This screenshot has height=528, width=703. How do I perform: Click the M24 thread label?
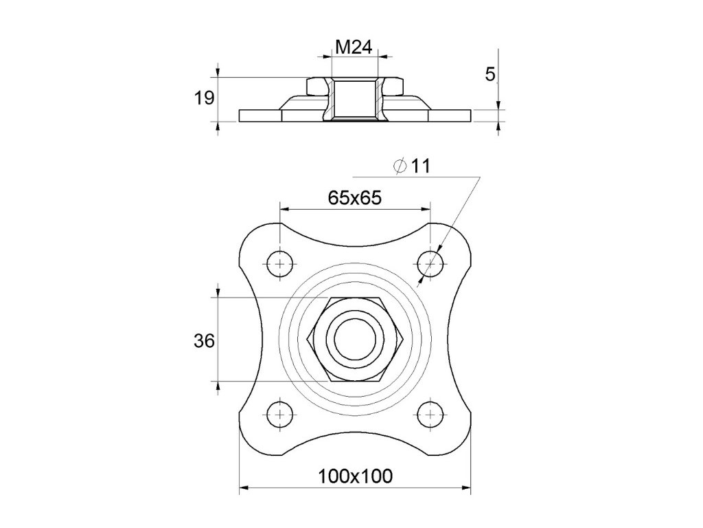tap(354, 47)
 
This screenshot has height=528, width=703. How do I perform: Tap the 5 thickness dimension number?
tap(490, 74)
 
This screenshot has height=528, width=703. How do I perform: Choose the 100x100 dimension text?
tap(354, 475)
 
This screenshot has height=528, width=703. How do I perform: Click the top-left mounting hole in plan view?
tap(279, 263)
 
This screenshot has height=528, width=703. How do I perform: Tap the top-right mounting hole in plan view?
tap(430, 263)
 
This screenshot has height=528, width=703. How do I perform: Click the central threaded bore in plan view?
tap(354, 338)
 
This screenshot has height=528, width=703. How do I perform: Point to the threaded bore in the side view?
tap(354, 100)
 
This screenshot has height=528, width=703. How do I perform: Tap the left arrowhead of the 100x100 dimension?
tap(242, 489)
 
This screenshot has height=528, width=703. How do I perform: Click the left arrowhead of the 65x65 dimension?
tap(283, 209)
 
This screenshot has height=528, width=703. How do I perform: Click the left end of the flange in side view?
tap(241, 116)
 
